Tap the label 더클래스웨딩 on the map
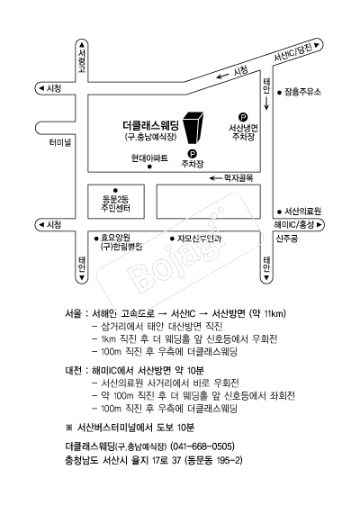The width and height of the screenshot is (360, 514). click(152, 125)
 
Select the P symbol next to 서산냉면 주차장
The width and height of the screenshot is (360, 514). click(242, 114)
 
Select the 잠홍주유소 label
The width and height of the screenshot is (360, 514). click(304, 92)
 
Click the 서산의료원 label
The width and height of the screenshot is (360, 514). click(303, 210)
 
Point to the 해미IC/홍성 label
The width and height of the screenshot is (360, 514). click(293, 223)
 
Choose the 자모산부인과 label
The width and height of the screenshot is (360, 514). click(199, 239)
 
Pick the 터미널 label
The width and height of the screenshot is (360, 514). click(60, 142)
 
